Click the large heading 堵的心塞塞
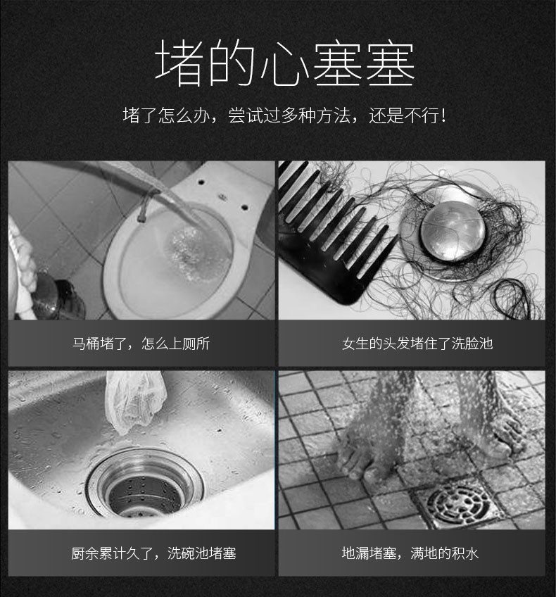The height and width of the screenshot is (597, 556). click(284, 63)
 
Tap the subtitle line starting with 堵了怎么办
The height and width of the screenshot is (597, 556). click(284, 115)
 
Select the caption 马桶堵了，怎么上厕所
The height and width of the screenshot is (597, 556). click(141, 344)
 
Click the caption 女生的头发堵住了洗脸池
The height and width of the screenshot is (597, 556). click(417, 344)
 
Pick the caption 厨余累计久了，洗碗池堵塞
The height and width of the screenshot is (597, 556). click(153, 553)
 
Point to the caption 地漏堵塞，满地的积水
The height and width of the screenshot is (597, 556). click(410, 553)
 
